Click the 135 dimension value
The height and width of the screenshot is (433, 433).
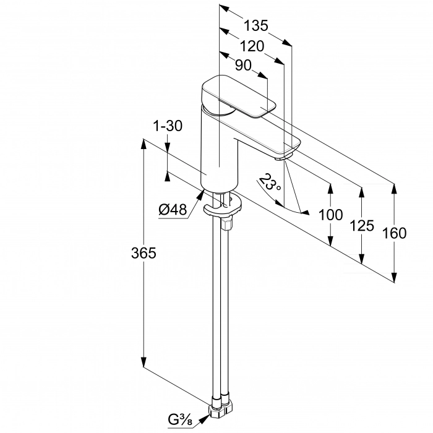point(255,26)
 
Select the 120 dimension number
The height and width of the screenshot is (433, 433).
point(252,46)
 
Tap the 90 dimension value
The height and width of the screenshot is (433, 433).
point(243,66)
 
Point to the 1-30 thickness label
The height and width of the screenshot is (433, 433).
point(168,126)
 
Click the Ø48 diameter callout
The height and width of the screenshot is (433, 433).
point(173,210)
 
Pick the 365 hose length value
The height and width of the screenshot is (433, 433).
point(144,253)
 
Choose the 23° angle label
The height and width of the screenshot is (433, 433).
point(269,182)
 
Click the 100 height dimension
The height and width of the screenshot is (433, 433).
point(330,215)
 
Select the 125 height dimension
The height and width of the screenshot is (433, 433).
point(362,226)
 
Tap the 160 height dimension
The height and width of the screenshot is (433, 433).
point(395,233)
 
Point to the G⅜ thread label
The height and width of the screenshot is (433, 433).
point(181,420)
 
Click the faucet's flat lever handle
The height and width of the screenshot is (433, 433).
point(239,96)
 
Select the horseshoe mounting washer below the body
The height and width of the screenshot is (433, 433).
point(223,205)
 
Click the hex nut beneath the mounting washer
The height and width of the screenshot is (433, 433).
point(227,223)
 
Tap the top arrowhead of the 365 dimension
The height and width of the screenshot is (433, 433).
point(144,144)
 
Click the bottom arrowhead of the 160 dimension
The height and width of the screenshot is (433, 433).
point(395,277)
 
